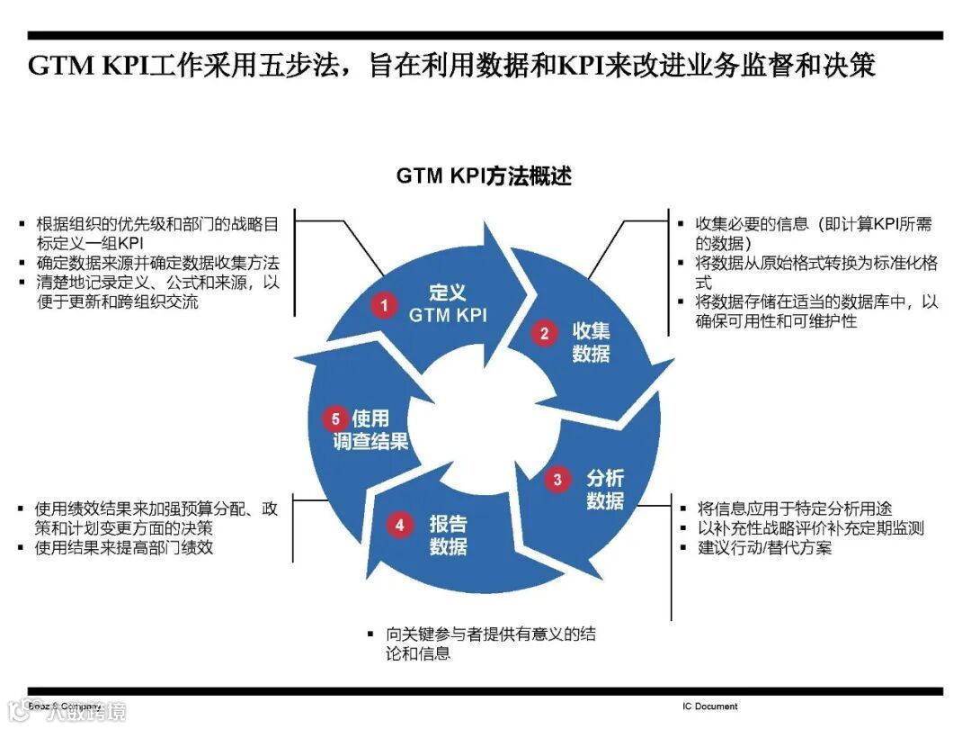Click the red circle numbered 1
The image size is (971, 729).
[384, 306]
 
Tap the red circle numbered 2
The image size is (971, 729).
[544, 334]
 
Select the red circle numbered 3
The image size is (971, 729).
[557, 480]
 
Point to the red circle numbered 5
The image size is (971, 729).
[335, 418]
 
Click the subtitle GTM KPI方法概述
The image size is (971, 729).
[484, 176]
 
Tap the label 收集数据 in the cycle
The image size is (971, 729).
[591, 342]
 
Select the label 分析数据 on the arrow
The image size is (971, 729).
[604, 490]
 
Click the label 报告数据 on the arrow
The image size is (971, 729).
[448, 535]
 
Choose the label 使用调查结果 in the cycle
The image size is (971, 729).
[370, 429]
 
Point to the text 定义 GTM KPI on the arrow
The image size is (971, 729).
[448, 303]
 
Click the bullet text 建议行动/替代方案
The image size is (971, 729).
[764, 548]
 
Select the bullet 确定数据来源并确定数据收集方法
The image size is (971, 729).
[157, 264]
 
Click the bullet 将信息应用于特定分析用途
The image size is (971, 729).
[795, 509]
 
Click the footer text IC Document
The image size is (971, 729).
[709, 706]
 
